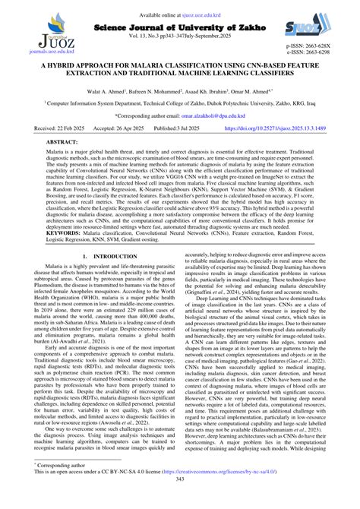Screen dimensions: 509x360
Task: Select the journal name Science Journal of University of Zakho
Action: click(x=180, y=17)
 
